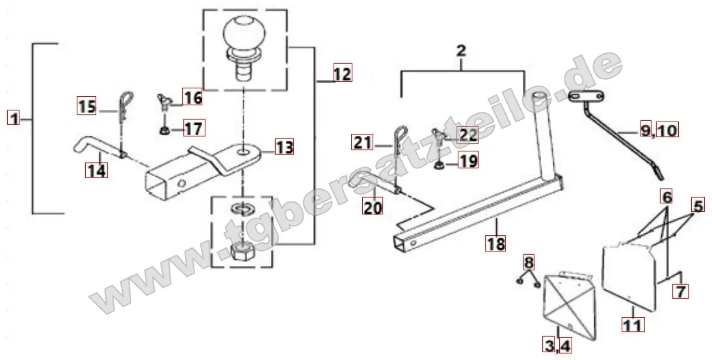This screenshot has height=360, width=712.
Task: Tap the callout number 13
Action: pyautogui.click(x=283, y=147)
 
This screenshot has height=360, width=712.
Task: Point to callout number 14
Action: pyautogui.click(x=97, y=170)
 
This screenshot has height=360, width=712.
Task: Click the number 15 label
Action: pyautogui.click(x=86, y=107)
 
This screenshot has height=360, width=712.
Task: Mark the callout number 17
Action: pyautogui.click(x=194, y=129)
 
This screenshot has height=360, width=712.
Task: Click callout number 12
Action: pyautogui.click(x=343, y=73)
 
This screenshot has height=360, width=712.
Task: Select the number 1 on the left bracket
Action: pyautogui.click(x=14, y=119)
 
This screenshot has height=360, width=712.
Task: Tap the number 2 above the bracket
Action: pyautogui.click(x=461, y=51)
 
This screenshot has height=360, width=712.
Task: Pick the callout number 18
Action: pyautogui.click(x=495, y=243)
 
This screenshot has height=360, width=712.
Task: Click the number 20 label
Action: pyautogui.click(x=373, y=207)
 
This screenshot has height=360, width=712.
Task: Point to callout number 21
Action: pyautogui.click(x=362, y=142)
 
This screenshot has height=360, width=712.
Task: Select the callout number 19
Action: pyautogui.click(x=468, y=161)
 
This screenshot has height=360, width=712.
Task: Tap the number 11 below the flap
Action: pyautogui.click(x=633, y=325)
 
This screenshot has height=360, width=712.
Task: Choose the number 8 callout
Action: pyautogui.click(x=529, y=263)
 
